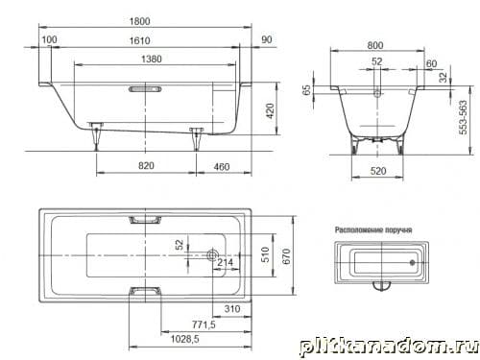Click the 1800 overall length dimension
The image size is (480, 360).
pyautogui.click(x=139, y=21)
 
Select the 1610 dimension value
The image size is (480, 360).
pyautogui.click(x=140, y=41)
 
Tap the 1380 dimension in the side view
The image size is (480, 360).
pyautogui.click(x=152, y=60)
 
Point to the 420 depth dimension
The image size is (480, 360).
pyautogui.click(x=270, y=111)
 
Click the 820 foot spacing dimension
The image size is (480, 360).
pyautogui.click(x=146, y=166)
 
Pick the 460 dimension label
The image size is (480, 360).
pyautogui.click(x=222, y=167)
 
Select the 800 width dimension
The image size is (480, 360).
pyautogui.click(x=375, y=45)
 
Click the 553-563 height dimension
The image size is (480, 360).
pyautogui.click(x=463, y=117)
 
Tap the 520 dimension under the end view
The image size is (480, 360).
pyautogui.click(x=378, y=171)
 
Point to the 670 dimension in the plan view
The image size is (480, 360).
pyautogui.click(x=286, y=256)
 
